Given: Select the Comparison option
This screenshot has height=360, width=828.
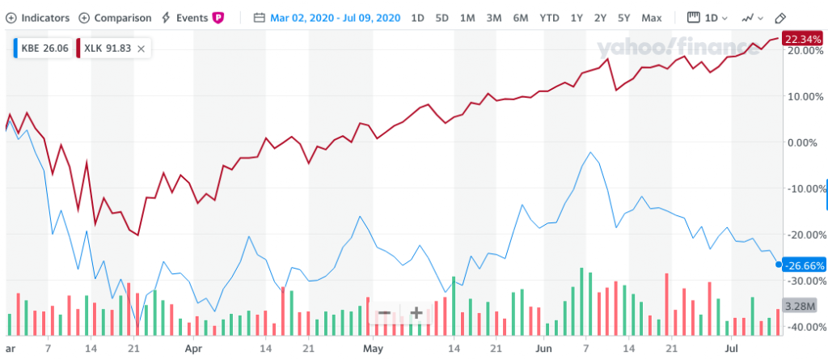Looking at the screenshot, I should (x=117, y=17).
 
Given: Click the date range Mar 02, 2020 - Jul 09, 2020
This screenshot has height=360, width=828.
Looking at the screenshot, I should (x=327, y=17).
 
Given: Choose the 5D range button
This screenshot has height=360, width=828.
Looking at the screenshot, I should (x=442, y=17).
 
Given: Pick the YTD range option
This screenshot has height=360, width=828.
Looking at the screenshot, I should (x=549, y=17).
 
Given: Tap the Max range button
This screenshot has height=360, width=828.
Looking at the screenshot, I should (x=651, y=17).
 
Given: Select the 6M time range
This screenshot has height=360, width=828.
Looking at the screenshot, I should (x=521, y=17).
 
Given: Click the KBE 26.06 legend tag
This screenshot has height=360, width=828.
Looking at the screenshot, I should (x=40, y=49).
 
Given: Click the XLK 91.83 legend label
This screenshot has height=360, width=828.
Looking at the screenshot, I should (x=106, y=49).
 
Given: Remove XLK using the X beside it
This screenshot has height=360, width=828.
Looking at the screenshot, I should (x=142, y=49).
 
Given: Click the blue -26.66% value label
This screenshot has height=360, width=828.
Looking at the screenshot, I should (x=805, y=265).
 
